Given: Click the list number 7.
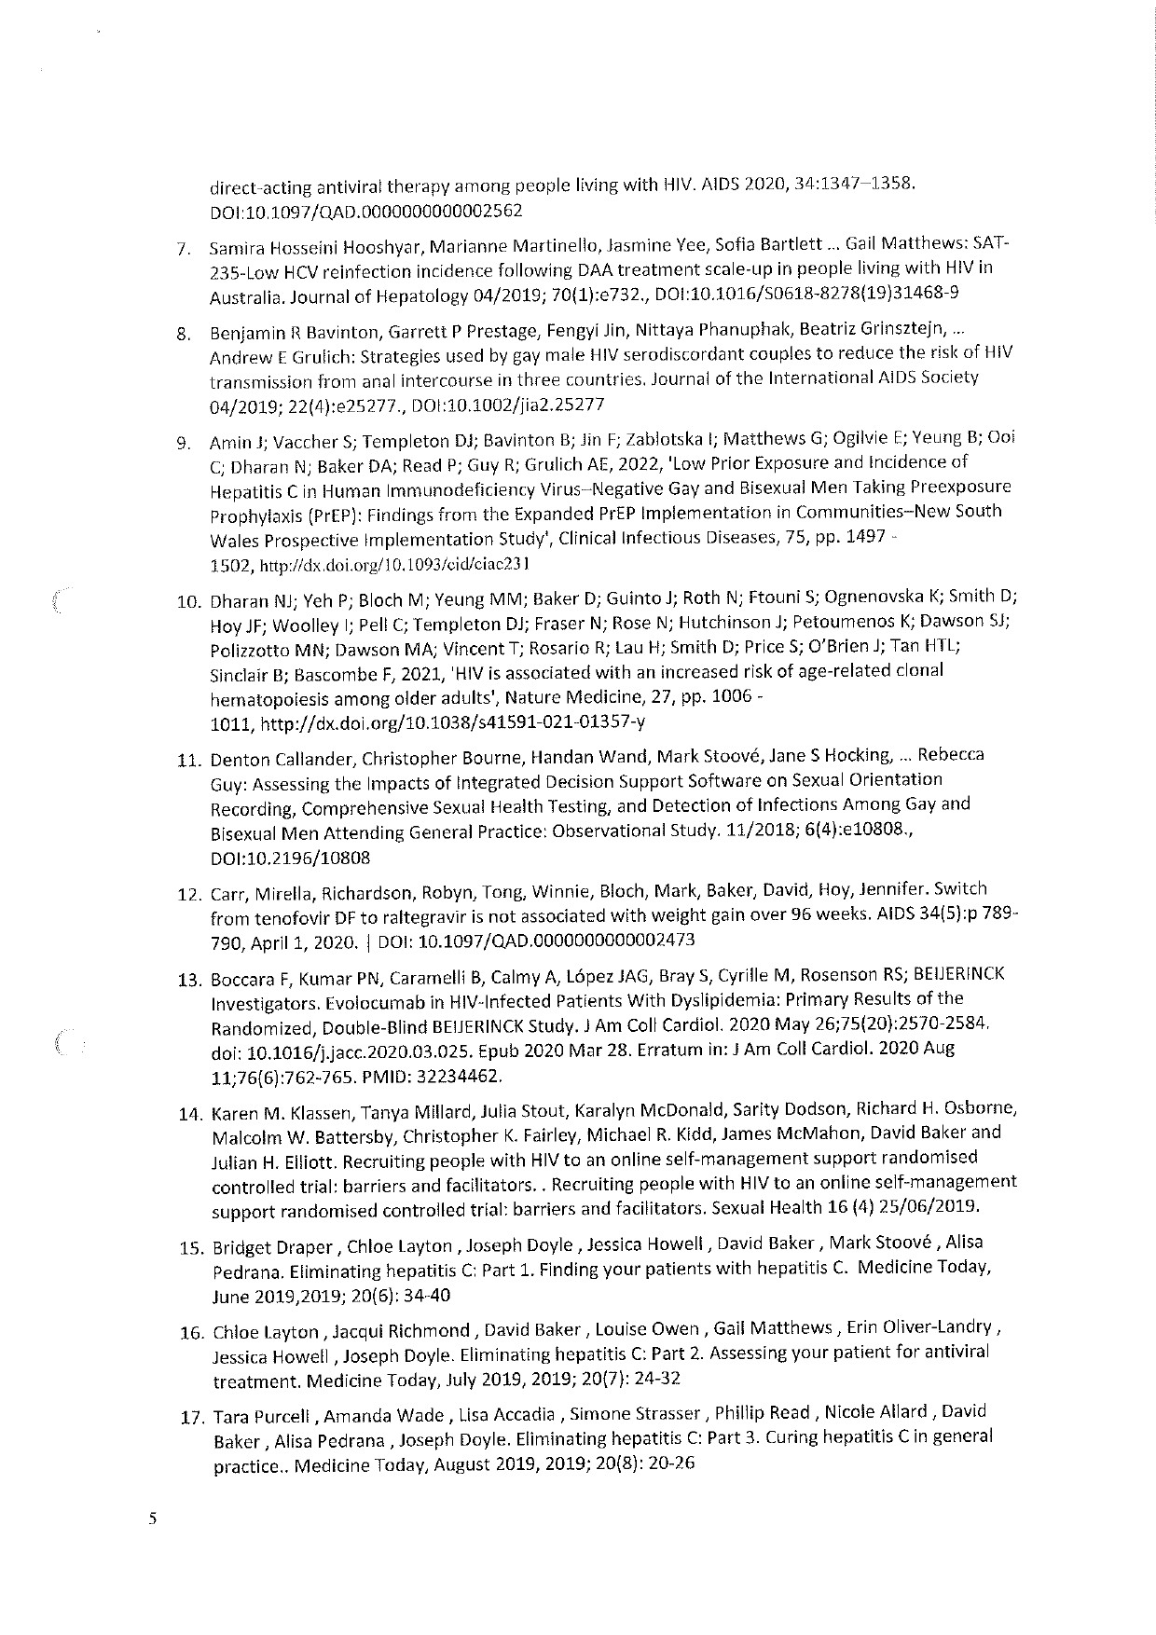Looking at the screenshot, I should (185, 250).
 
